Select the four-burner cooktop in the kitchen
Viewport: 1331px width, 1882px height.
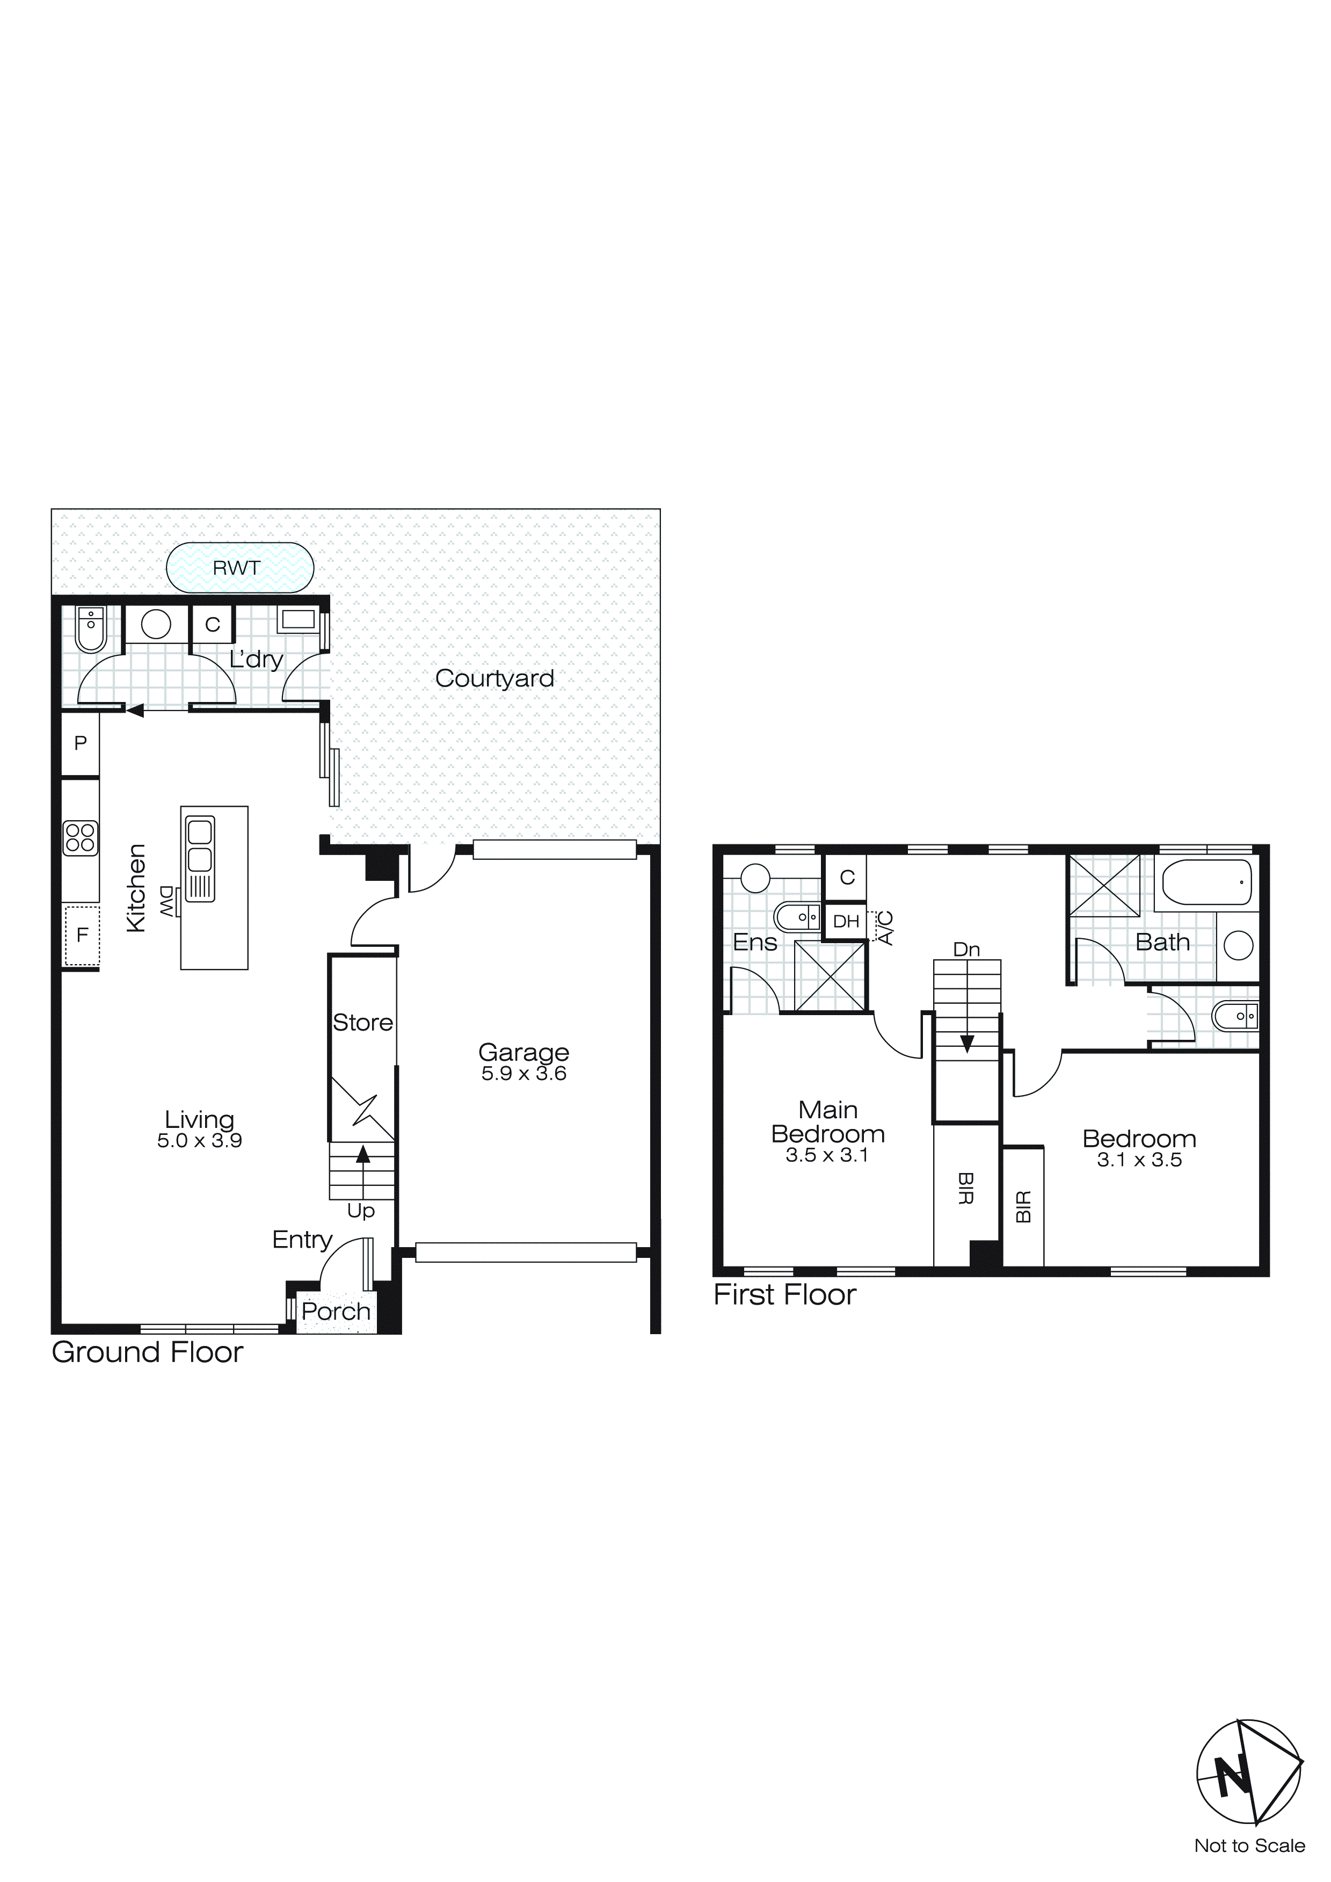tap(81, 838)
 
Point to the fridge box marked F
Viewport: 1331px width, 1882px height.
tap(82, 935)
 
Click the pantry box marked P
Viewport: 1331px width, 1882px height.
tap(81, 743)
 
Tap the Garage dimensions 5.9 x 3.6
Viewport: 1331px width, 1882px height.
tap(523, 1074)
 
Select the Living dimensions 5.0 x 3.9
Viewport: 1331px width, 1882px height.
tap(199, 1140)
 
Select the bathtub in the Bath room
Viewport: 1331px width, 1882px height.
tap(1206, 882)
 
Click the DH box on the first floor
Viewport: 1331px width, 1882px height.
tap(845, 921)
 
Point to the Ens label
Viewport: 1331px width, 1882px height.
tap(754, 943)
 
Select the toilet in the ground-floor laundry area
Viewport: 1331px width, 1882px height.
tap(90, 631)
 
